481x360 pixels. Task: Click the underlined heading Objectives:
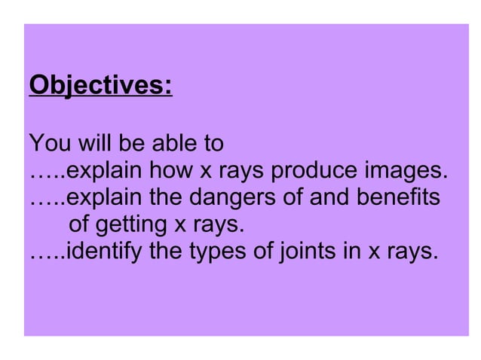point(100,87)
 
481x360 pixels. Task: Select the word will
point(93,142)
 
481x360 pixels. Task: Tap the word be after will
point(131,142)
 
